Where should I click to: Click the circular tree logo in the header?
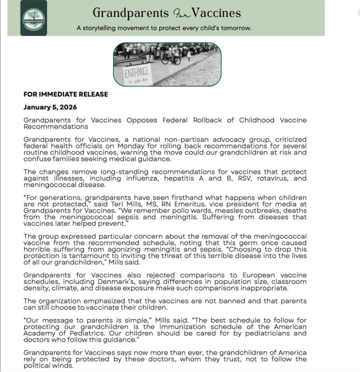pos(34,17)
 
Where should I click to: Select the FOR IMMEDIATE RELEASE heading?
pos(66,94)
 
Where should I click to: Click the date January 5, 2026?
pos(50,107)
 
